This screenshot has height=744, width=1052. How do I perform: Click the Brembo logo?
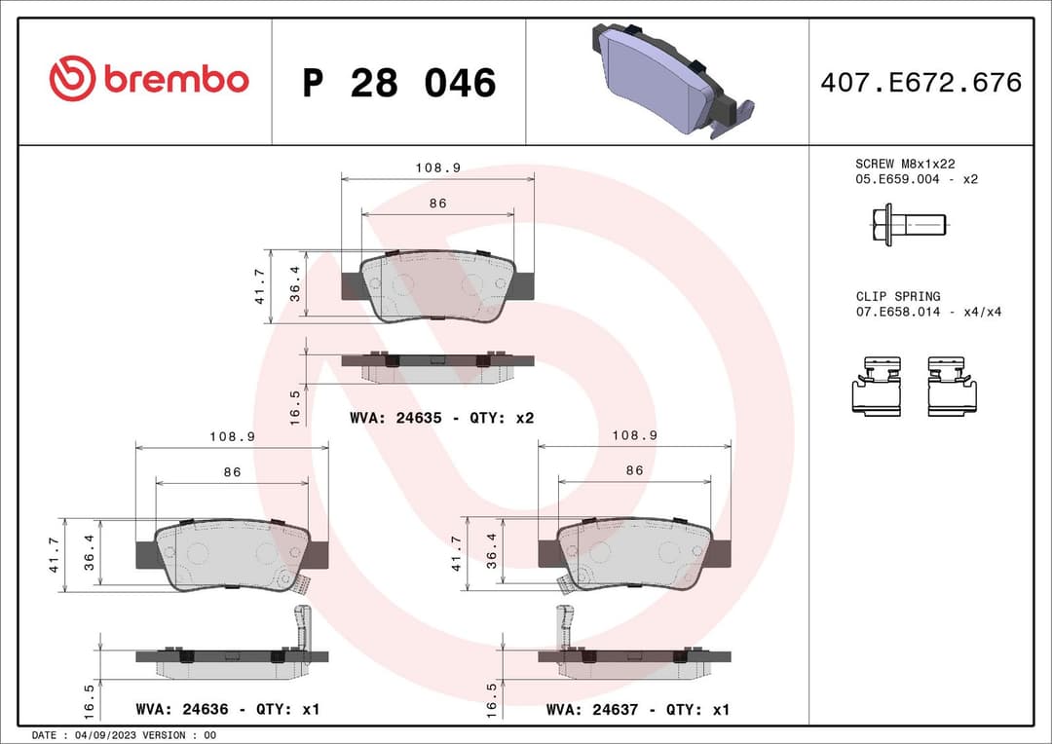click(x=149, y=80)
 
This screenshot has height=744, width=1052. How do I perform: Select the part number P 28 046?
click(x=398, y=84)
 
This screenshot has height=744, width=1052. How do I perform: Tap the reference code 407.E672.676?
click(x=920, y=83)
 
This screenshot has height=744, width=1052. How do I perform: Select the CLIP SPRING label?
click(x=898, y=296)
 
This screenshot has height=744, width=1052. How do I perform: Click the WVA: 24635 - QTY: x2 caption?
click(x=441, y=418)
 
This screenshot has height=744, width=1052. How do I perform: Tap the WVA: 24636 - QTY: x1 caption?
click(x=227, y=710)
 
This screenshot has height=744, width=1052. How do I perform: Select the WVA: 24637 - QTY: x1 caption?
click(x=637, y=710)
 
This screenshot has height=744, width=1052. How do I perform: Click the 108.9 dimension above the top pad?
click(x=437, y=167)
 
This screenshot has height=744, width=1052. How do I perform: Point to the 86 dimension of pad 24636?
click(x=232, y=471)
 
